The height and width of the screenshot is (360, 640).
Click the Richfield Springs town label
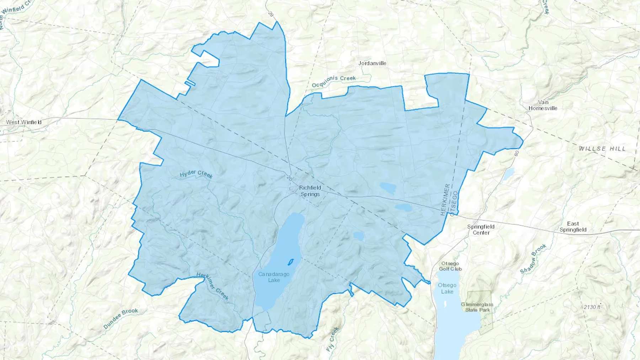(x=310, y=191)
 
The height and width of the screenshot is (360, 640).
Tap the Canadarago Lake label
(x=274, y=277)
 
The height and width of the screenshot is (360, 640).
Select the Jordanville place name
(x=372, y=63)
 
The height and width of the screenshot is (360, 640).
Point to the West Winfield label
(x=24, y=122)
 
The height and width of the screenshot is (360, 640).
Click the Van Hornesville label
(x=543, y=105)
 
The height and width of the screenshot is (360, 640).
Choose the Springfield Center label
(x=481, y=230)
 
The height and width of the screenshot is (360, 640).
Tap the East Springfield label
(x=573, y=227)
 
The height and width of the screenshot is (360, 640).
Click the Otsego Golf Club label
(x=450, y=266)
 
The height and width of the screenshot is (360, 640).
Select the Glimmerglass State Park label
(x=477, y=307)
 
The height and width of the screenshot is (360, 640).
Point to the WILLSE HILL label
(x=602, y=149)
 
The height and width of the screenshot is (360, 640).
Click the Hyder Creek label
(x=196, y=174)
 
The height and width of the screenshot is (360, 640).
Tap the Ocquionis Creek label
(x=334, y=81)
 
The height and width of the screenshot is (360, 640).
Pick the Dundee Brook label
(x=121, y=318)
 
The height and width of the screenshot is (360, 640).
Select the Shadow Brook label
(x=533, y=259)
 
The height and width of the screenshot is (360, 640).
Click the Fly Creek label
(x=333, y=339)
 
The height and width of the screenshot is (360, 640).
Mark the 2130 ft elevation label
(x=592, y=307)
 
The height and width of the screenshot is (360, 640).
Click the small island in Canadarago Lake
(x=290, y=262)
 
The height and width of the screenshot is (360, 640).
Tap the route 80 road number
(x=517, y=153)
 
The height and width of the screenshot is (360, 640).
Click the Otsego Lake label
(x=447, y=288)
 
